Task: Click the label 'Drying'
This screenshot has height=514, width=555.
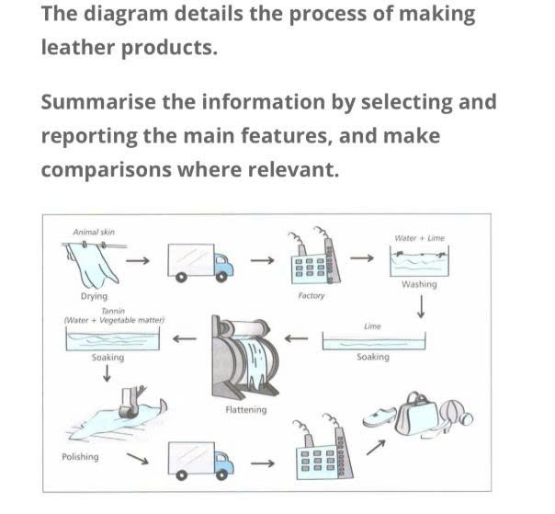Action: click(94, 296)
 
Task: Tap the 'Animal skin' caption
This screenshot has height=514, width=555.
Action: click(94, 232)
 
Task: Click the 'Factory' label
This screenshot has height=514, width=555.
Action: click(311, 295)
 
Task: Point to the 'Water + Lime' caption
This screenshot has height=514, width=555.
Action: click(419, 238)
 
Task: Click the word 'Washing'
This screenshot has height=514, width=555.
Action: click(419, 284)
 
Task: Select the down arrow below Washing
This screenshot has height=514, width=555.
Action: click(421, 307)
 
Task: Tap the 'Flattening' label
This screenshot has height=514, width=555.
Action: click(246, 410)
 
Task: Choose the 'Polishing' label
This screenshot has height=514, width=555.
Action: click(80, 457)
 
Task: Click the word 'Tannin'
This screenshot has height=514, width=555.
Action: click(113, 311)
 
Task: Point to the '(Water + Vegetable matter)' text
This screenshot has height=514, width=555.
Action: click(114, 320)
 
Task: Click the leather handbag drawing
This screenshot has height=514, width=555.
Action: click(418, 414)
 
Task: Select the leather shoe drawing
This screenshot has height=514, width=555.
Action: click(379, 417)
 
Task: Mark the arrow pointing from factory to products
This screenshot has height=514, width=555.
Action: click(376, 448)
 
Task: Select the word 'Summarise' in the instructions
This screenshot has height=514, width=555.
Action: click(98, 102)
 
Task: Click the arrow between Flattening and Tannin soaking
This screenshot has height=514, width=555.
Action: click(185, 338)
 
